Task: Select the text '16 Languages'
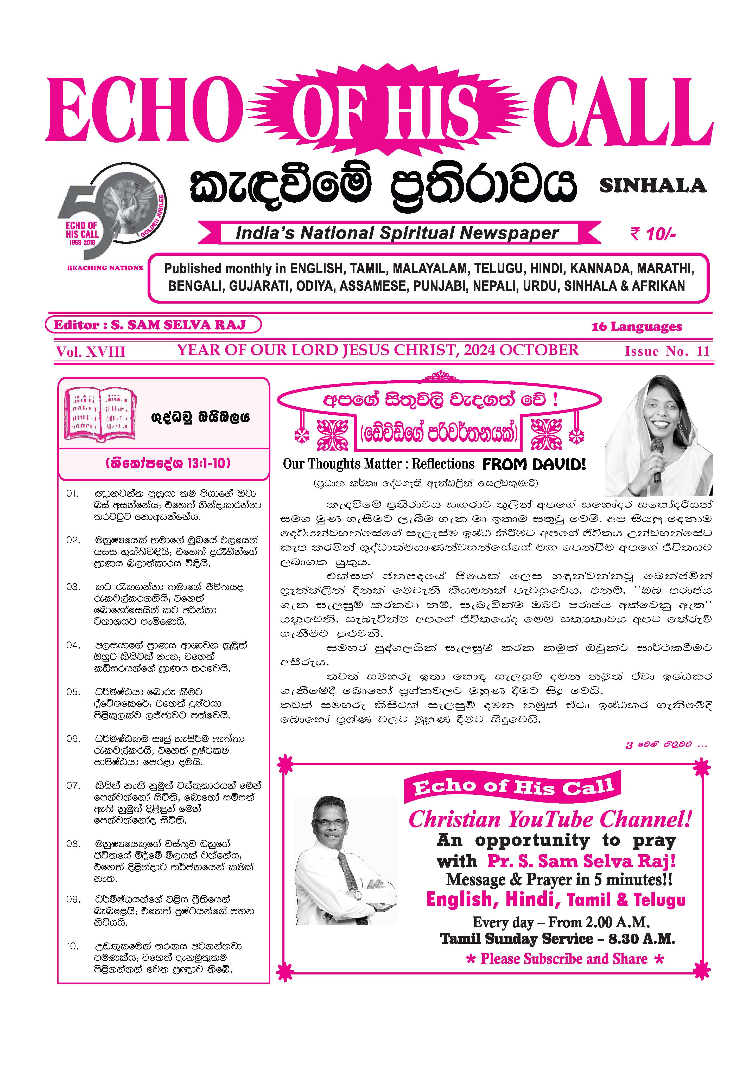[x=636, y=327]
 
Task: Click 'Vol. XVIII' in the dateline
[x=91, y=351]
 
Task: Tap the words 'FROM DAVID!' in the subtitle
[x=534, y=464]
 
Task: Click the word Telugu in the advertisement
[x=659, y=900]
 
